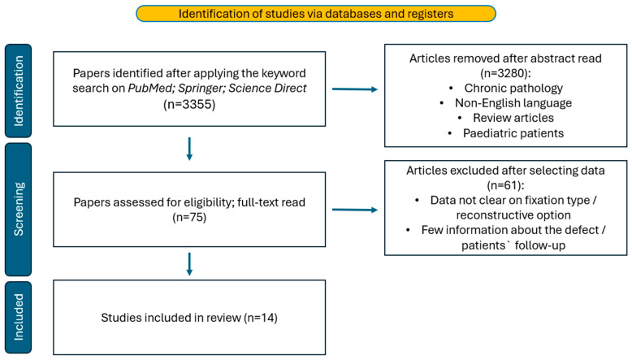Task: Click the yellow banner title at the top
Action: coord(316,14)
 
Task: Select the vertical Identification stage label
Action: coord(19,91)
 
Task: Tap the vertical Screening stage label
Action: coord(19,209)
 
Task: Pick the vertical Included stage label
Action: coord(19,317)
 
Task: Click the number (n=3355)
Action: coord(189,104)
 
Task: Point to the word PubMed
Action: coord(151,89)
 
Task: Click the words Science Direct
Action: coord(267,88)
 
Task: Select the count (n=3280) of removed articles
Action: coord(505,73)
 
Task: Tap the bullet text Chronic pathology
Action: coord(513,88)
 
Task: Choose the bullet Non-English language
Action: coord(513,103)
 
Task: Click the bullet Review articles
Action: coord(513,118)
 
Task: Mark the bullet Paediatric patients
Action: coord(513,133)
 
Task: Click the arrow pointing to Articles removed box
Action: coord(355,89)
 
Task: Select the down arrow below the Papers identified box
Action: coord(189,149)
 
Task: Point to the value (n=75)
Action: coord(189,217)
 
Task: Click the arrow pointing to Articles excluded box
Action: coord(355,210)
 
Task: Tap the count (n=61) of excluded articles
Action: coord(505,185)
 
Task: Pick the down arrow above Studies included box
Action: coord(189,264)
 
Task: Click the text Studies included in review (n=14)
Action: coord(189,318)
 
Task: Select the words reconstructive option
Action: coord(513,215)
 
